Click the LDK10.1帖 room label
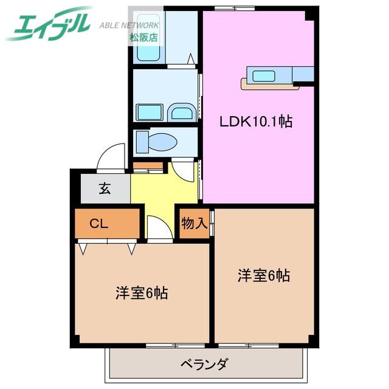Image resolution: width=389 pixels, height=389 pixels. [256, 122]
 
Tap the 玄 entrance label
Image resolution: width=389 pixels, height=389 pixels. [105, 189]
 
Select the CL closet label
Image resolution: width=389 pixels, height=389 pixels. [98, 224]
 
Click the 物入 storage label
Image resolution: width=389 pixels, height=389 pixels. [194, 223]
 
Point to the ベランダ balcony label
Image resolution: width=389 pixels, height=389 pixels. [204, 365]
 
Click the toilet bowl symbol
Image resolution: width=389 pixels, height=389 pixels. [157, 142]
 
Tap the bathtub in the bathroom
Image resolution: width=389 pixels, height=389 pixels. [148, 37]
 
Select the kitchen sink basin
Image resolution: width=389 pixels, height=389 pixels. [263, 76]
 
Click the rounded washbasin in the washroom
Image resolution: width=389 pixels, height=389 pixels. [182, 112]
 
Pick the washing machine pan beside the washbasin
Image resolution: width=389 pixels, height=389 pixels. [150, 112]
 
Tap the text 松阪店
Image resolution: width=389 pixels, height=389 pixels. [143, 38]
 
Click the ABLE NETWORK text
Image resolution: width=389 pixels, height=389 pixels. [129, 25]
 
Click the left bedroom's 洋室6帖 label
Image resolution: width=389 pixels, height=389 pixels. [142, 293]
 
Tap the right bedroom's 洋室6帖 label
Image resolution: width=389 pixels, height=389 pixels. [264, 275]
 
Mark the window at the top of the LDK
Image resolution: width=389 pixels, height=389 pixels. [235, 8]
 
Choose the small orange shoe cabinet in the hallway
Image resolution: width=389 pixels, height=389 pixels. [148, 165]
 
